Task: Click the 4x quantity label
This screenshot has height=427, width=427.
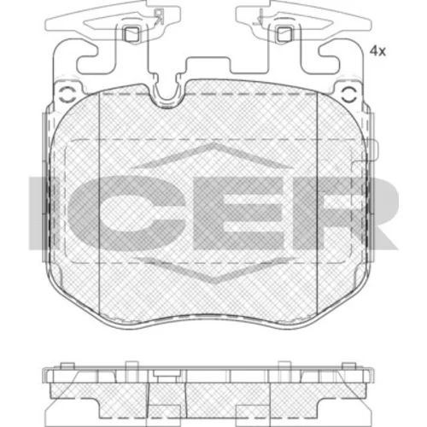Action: click(377, 51)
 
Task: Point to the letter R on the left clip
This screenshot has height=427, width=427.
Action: click(158, 16)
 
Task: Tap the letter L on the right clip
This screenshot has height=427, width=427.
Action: click(260, 16)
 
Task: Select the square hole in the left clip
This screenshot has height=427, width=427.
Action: click(132, 34)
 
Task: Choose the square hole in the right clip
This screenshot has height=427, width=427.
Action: click(284, 34)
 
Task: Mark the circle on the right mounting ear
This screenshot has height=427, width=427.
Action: click(349, 94)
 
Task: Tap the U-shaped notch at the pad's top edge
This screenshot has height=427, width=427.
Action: click(167, 94)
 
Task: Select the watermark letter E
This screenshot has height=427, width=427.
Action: click(241, 213)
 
